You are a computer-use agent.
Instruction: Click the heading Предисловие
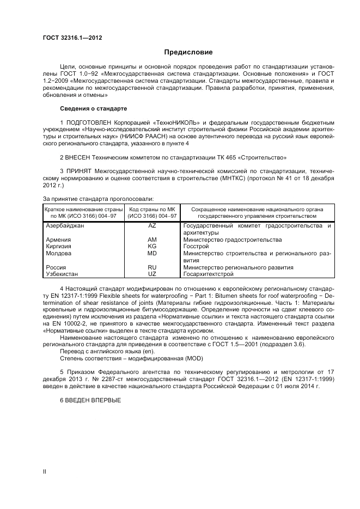pos(188,52)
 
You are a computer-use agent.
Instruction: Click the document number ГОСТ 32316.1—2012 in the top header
pos(72,38)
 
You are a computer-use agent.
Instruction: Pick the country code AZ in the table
pos(152,225)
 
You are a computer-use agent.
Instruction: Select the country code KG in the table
pos(152,246)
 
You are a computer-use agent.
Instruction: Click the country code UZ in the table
pos(152,274)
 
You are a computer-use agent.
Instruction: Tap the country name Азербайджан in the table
pos(65,225)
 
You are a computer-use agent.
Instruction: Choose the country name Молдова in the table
pos(58,253)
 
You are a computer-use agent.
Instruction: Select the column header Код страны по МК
pos(152,209)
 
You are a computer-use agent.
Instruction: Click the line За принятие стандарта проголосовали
pos(97,199)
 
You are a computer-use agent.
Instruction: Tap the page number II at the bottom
pos(45,473)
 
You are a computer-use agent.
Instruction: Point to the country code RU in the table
pos(152,267)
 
